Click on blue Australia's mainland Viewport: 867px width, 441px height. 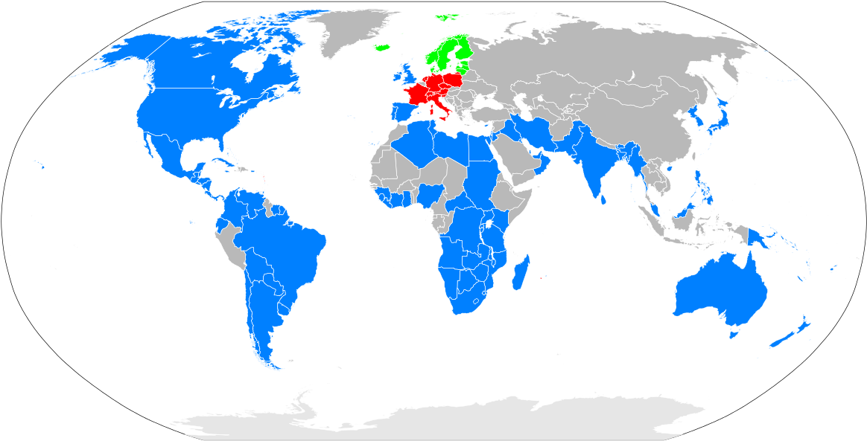719,294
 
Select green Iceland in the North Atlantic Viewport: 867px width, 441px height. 382,48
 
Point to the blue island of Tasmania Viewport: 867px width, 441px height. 734,334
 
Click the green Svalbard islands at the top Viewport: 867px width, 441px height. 448,16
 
